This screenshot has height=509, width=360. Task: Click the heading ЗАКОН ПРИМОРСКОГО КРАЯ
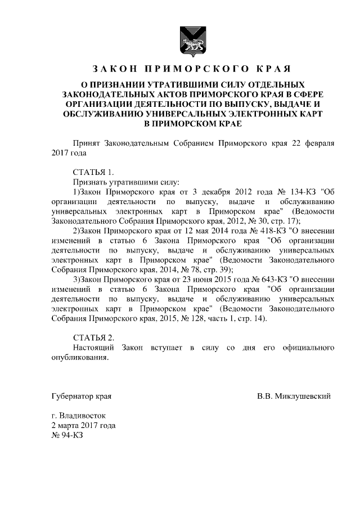[x=191, y=69]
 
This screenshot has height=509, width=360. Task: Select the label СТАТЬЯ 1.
[x=93, y=172]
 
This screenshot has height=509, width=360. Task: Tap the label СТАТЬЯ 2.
[x=93, y=337]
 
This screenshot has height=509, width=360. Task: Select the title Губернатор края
[x=81, y=396]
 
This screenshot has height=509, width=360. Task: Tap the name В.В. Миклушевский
[x=294, y=396]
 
